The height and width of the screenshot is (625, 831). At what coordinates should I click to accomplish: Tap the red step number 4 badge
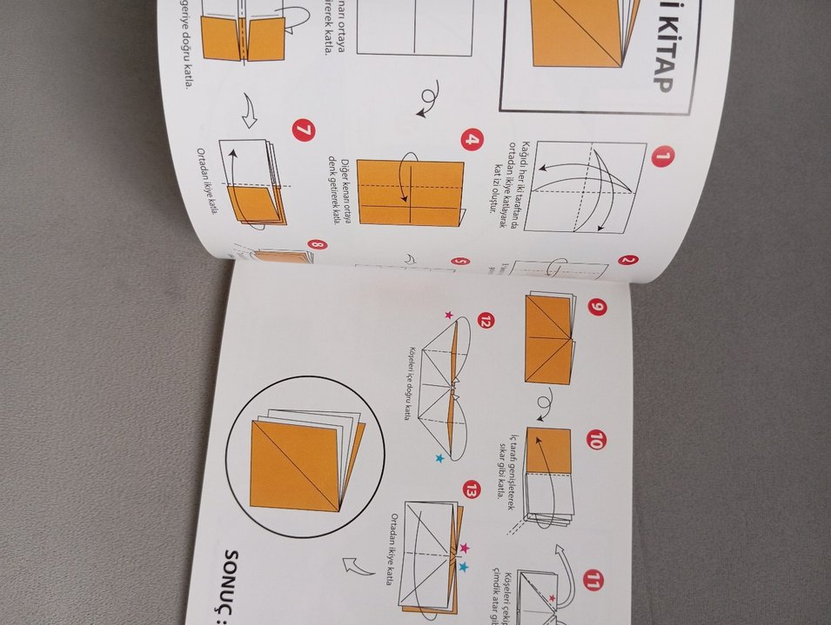point(472,140)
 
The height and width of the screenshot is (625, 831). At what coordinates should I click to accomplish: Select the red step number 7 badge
point(305,132)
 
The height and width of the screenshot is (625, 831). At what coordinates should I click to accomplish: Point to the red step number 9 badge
point(596,308)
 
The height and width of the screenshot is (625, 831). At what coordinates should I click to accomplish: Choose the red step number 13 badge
point(472,489)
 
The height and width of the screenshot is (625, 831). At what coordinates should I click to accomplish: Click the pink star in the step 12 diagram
point(449,315)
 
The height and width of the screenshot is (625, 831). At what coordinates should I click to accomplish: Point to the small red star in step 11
point(551,598)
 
